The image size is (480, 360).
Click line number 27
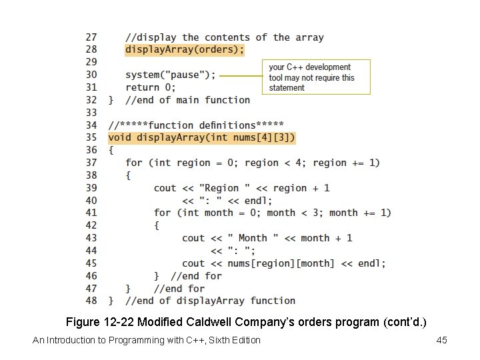(91, 37)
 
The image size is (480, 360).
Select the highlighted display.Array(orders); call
(185, 50)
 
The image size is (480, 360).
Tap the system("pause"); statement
(171, 75)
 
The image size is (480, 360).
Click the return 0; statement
(151, 87)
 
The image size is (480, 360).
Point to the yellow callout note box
(315, 77)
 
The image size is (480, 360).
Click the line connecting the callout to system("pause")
(240, 76)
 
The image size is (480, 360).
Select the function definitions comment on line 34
(196, 125)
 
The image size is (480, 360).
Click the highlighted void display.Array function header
(201, 138)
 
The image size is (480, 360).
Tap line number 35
(91, 138)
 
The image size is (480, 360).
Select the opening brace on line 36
(111, 150)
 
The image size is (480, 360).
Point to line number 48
(91, 301)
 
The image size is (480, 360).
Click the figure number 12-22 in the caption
(122, 322)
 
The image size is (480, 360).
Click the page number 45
(441, 341)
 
